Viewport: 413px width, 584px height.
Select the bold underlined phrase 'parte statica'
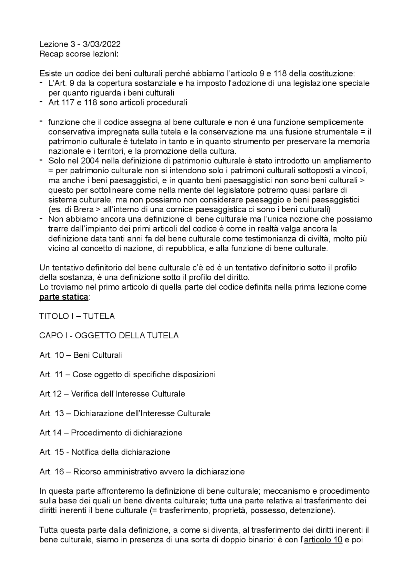coord(64,297)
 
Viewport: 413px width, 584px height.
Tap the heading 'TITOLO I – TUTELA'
coord(77,316)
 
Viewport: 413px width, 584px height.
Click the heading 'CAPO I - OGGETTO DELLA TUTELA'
coord(109,335)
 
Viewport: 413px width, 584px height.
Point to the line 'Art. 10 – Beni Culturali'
coord(81,355)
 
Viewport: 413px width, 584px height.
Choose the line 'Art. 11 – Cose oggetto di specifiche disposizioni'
coord(127,374)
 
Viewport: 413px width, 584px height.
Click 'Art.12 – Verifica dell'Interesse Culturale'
coord(112,394)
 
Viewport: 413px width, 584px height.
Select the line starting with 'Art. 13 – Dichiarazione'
coord(125,413)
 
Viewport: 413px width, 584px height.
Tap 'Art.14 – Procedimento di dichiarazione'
coord(111,433)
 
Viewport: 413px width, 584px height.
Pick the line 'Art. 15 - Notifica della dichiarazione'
coord(105,452)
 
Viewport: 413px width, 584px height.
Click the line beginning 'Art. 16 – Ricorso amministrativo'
coord(142,472)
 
